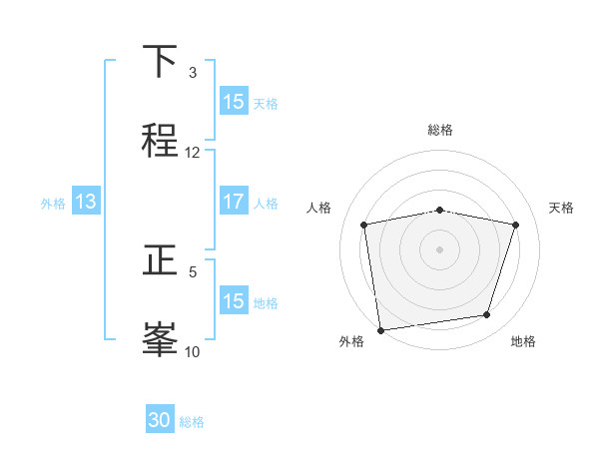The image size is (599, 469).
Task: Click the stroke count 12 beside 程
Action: pyautogui.click(x=193, y=153)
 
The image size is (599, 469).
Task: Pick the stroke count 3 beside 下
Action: pyautogui.click(x=193, y=73)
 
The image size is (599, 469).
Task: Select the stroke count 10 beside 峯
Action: pyautogui.click(x=193, y=351)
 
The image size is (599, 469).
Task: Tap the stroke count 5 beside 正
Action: pyautogui.click(x=193, y=271)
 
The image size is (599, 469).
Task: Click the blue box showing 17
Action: pyautogui.click(x=234, y=202)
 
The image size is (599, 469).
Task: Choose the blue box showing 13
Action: pyautogui.click(x=86, y=202)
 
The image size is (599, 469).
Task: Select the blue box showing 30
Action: pyautogui.click(x=160, y=420)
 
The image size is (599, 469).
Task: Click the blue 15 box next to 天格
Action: pyautogui.click(x=234, y=102)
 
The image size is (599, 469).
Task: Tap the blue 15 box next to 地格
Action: pyautogui.click(x=234, y=301)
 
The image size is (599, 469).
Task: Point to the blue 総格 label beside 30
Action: pyautogui.click(x=192, y=422)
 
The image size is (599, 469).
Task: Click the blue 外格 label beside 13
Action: pyautogui.click(x=53, y=204)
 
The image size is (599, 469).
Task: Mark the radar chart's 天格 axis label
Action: pyautogui.click(x=562, y=208)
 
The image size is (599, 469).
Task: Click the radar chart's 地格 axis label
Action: pyautogui.click(x=523, y=341)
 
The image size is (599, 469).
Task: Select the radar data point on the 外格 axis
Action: pyautogui.click(x=380, y=329)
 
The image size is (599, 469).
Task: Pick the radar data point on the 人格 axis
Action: pyautogui.click(x=363, y=225)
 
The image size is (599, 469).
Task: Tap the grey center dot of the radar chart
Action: pyautogui.click(x=439, y=248)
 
